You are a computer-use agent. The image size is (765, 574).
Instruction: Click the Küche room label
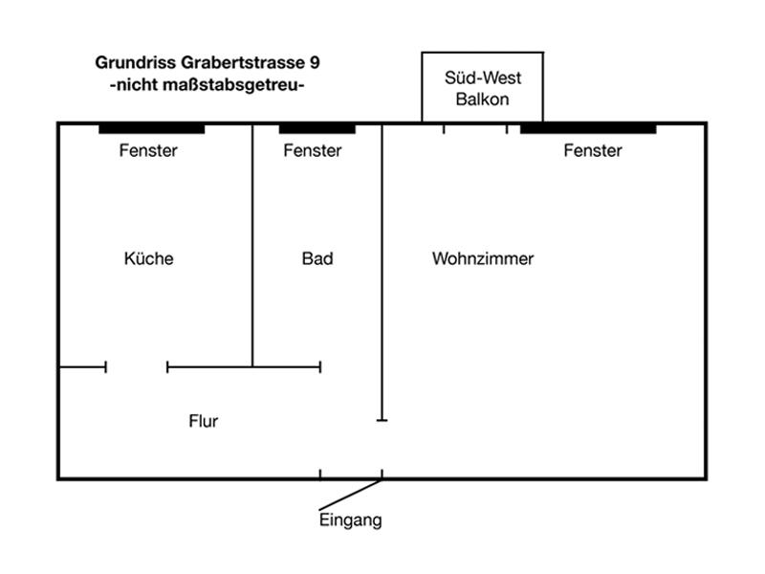[149, 258]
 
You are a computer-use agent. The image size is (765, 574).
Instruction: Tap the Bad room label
[317, 258]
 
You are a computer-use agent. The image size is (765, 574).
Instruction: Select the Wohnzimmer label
[483, 258]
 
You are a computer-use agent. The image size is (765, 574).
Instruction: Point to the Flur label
[204, 421]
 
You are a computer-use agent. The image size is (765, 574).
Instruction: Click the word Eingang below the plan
[350, 520]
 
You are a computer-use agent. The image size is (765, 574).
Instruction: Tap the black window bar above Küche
[152, 129]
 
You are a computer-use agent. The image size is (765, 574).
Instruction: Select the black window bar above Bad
[317, 129]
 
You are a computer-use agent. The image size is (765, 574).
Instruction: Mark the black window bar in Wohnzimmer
[588, 129]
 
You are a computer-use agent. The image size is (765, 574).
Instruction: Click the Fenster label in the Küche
[148, 150]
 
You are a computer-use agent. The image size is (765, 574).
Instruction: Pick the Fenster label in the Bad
[313, 150]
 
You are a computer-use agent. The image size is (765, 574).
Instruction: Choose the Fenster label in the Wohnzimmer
[593, 150]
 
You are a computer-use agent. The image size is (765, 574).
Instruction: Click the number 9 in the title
[315, 62]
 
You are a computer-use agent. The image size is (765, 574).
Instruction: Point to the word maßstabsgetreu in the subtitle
[229, 85]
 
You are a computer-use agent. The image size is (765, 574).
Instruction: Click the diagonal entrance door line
[350, 495]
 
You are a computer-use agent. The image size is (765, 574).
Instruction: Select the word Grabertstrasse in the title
[243, 62]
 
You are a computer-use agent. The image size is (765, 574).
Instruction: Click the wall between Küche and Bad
[252, 245]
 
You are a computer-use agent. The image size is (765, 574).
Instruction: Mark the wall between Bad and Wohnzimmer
[382, 272]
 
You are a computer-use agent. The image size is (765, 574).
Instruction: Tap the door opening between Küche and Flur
[137, 366]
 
